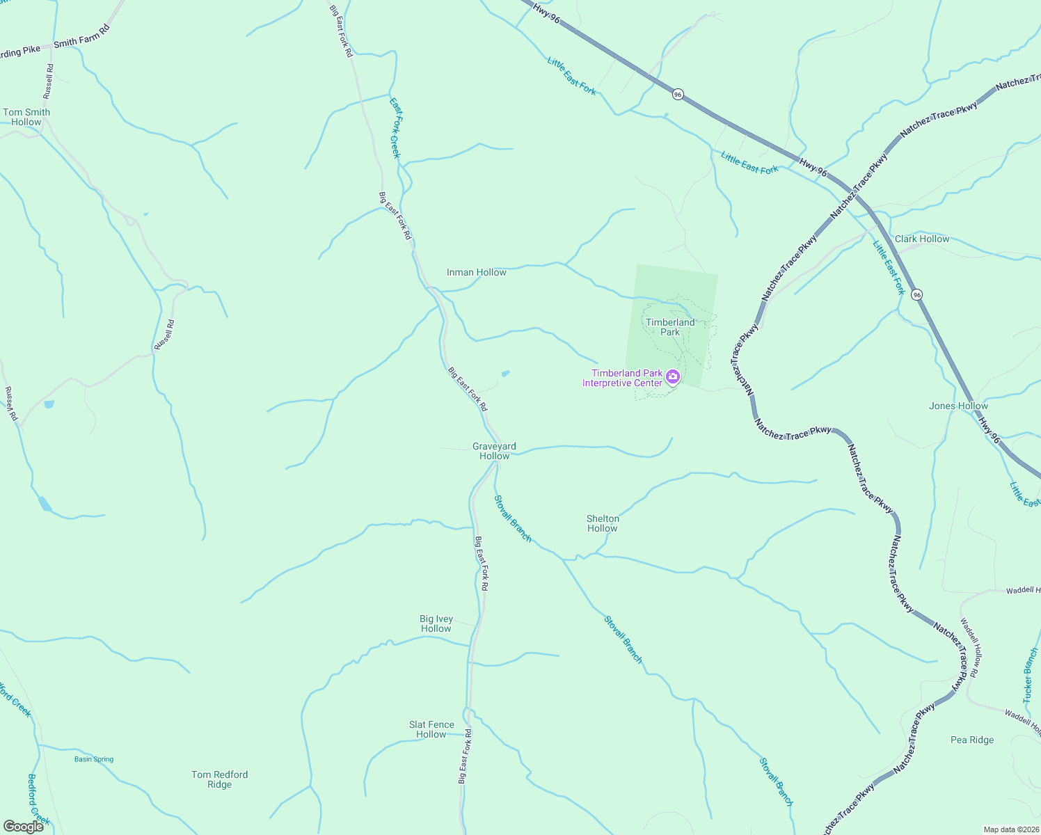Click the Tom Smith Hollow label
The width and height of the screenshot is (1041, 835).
click(x=26, y=117)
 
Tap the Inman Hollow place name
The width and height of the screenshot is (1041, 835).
click(x=477, y=272)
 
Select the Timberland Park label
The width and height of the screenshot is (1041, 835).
click(x=670, y=327)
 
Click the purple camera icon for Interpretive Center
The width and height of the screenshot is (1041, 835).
click(x=673, y=377)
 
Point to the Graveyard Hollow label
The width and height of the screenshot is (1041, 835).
click(x=494, y=451)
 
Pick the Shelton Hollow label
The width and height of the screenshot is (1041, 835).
click(x=603, y=523)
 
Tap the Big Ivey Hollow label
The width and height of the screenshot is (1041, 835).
click(x=436, y=623)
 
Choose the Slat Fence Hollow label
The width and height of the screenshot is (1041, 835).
click(x=431, y=729)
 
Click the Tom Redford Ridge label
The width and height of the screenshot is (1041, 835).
click(x=220, y=779)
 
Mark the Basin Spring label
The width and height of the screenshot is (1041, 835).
click(x=94, y=759)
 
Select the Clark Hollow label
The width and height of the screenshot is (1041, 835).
click(x=922, y=239)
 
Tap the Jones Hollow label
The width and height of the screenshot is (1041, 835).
click(x=958, y=406)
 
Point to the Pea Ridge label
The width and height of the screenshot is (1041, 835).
click(x=972, y=740)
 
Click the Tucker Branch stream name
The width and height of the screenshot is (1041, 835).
click(x=1030, y=675)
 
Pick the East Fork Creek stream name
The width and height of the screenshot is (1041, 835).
click(x=395, y=128)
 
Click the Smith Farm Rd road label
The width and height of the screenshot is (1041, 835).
click(x=82, y=37)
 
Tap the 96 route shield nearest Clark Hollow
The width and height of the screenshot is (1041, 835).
click(x=917, y=294)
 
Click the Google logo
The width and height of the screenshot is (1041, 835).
click(x=24, y=826)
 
